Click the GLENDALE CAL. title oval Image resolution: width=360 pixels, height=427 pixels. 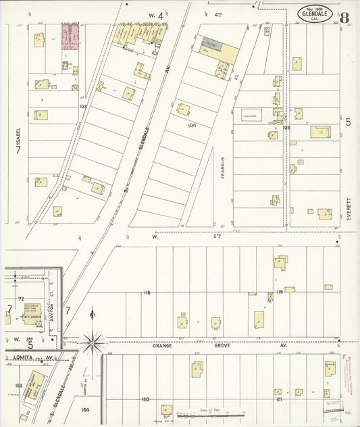pyautogui.click(x=314, y=14)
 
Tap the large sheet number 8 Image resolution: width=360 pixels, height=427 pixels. pyautogui.click(x=344, y=17)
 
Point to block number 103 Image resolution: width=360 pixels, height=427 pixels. pyautogui.click(x=83, y=107)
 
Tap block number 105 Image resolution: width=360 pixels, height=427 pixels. pyautogui.click(x=286, y=127)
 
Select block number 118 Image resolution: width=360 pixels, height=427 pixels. pyautogui.click(x=147, y=292)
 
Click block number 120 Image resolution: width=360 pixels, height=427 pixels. pyautogui.click(x=145, y=399)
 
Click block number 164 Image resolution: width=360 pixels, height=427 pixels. pyautogui.click(x=85, y=409)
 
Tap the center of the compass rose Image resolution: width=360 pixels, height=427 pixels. pyautogui.click(x=93, y=342)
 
